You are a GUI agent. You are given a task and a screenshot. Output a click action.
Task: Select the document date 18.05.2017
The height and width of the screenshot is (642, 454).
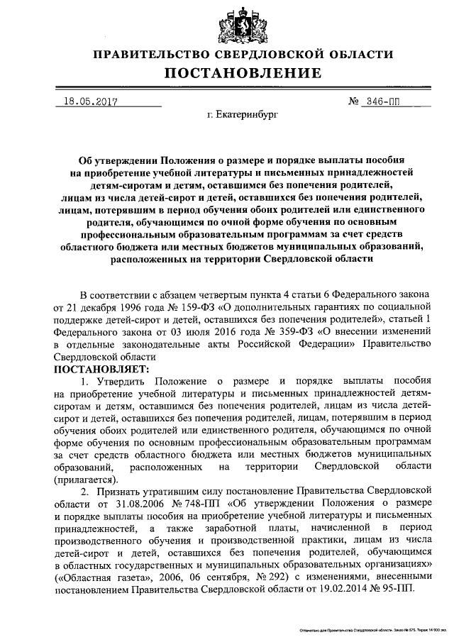(90, 101)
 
